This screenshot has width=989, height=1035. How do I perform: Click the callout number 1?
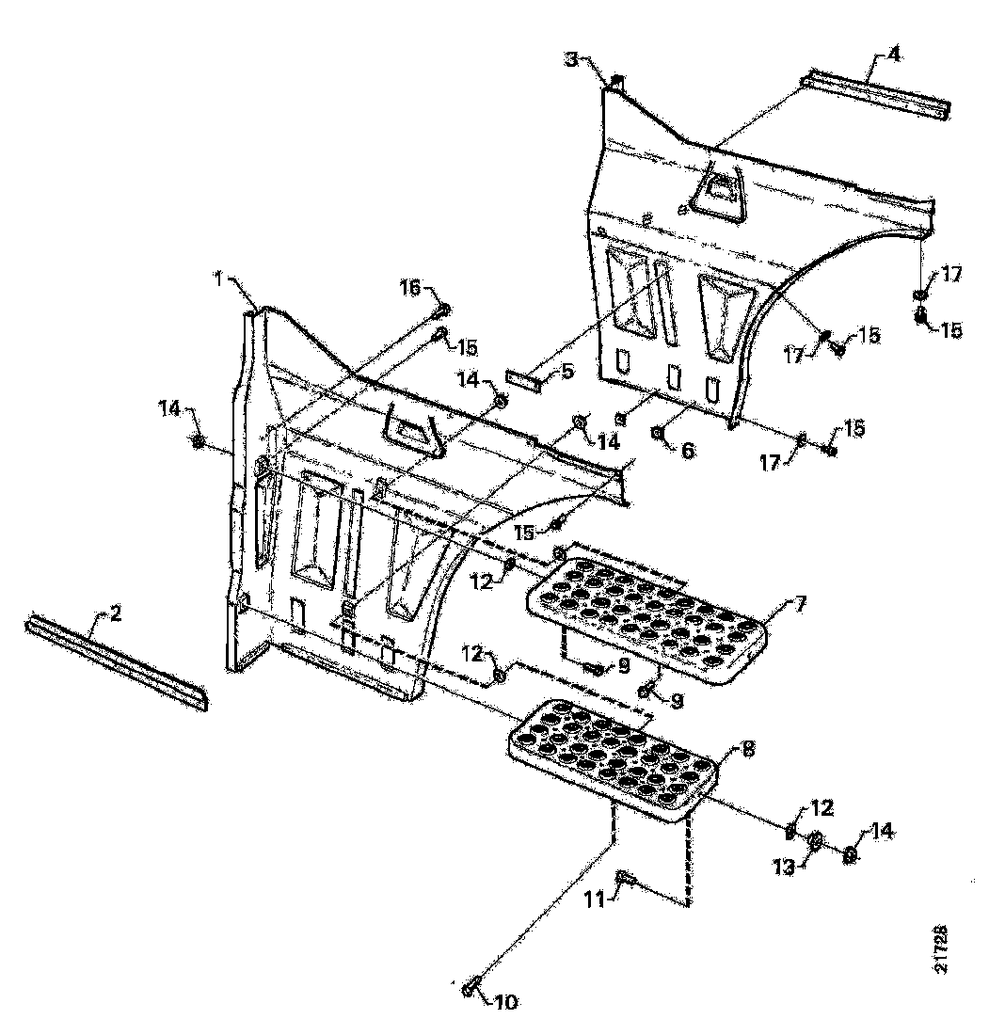(x=217, y=279)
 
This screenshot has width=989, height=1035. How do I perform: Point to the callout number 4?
(x=893, y=54)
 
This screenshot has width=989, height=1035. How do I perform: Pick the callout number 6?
(x=688, y=451)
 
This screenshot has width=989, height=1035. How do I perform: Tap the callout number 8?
(x=747, y=750)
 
